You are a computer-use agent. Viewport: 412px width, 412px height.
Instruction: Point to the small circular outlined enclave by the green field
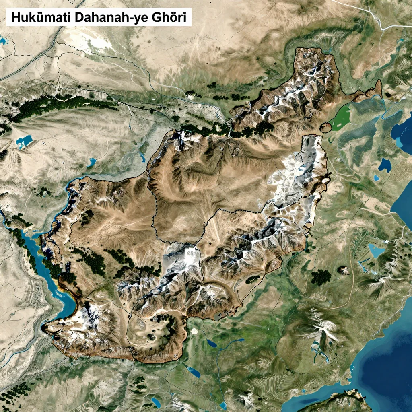(x=325, y=128)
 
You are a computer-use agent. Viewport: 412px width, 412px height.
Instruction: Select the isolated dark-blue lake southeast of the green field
(x=385, y=164)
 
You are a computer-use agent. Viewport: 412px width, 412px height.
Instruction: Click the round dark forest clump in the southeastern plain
(x=321, y=277)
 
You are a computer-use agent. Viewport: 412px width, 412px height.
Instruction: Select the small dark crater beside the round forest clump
(x=344, y=270)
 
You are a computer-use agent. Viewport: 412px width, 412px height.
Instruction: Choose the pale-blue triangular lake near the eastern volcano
(x=377, y=251)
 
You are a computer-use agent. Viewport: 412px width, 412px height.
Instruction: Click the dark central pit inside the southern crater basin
(x=153, y=336)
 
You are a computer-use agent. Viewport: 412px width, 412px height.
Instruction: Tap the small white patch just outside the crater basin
(x=194, y=331)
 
